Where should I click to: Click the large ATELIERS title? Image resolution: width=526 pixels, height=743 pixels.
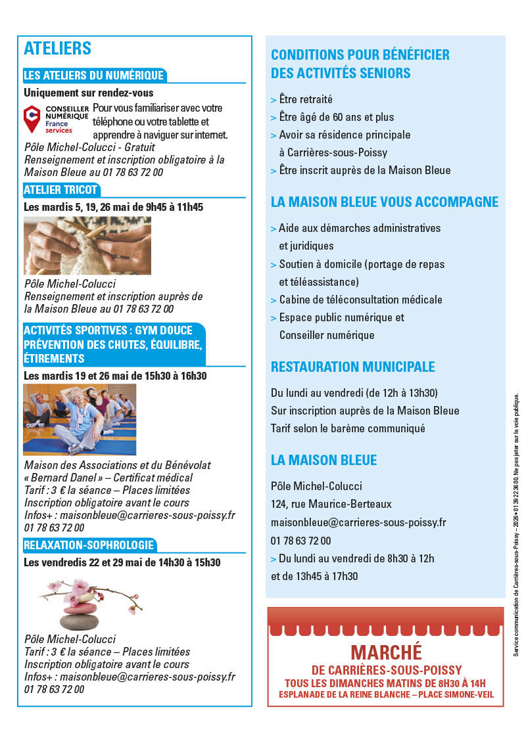(58, 49)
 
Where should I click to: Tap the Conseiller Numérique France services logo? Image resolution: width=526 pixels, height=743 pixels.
(56, 119)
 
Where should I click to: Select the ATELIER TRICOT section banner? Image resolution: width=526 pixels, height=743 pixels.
(60, 191)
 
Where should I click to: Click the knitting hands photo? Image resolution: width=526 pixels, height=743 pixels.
(87, 246)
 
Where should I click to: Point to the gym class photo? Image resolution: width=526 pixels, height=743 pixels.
(80, 420)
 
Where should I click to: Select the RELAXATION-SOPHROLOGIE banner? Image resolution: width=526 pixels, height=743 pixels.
(89, 545)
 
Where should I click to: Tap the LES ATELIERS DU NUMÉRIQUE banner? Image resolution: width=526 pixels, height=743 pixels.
(93, 76)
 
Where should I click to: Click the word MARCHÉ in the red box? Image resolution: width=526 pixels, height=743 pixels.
(386, 652)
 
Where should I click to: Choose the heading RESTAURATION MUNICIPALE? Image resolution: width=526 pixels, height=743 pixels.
(353, 367)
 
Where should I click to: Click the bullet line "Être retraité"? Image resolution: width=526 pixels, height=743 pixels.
(305, 100)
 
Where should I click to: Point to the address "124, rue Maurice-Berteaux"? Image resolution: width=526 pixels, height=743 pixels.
(331, 505)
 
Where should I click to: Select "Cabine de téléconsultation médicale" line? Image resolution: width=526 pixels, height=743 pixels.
(360, 300)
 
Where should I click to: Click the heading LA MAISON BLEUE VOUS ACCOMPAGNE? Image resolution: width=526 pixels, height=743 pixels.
(385, 202)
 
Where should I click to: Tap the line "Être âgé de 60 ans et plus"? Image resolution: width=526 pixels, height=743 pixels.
(336, 118)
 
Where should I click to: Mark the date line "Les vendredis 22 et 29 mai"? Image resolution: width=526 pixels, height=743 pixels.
(122, 562)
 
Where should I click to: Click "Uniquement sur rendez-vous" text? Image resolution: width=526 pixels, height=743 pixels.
(89, 93)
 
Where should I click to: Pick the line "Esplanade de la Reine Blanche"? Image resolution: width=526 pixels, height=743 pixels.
(386, 694)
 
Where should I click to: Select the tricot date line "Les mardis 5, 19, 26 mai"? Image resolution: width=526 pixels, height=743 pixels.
(114, 207)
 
